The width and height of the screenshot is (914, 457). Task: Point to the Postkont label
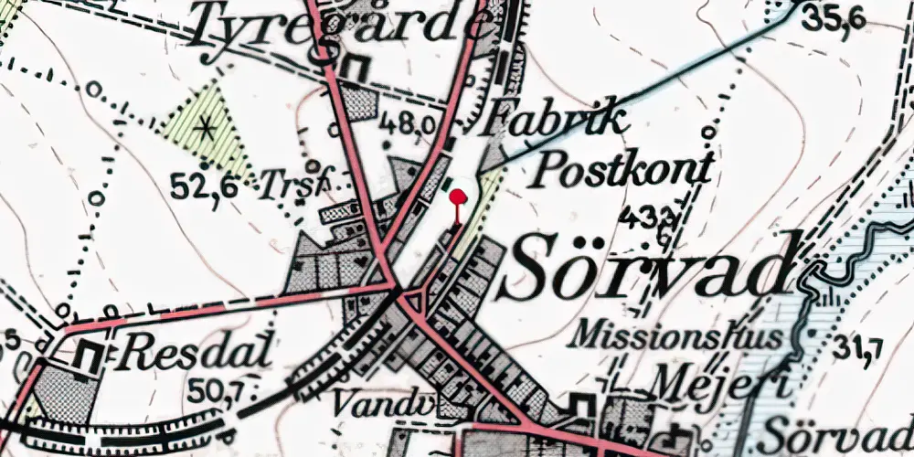click(623, 169)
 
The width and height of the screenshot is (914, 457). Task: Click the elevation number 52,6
click(204, 186)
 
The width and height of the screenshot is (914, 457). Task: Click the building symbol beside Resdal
click(90, 355)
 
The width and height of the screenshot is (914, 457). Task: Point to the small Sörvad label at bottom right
click(836, 430)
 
